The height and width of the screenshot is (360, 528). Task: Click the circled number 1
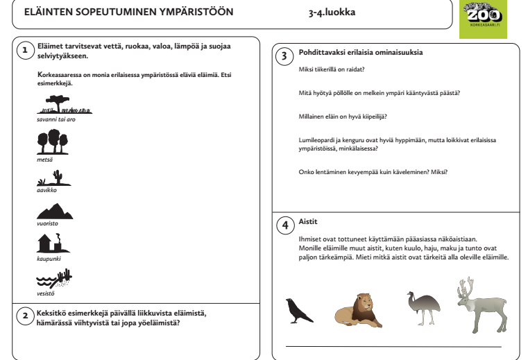click(24, 50)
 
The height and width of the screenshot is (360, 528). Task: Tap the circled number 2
click(24, 316)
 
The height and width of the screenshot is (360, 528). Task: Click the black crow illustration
click(298, 309)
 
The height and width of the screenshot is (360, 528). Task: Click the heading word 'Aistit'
click(308, 221)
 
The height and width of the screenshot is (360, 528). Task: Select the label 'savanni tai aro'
click(55, 119)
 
